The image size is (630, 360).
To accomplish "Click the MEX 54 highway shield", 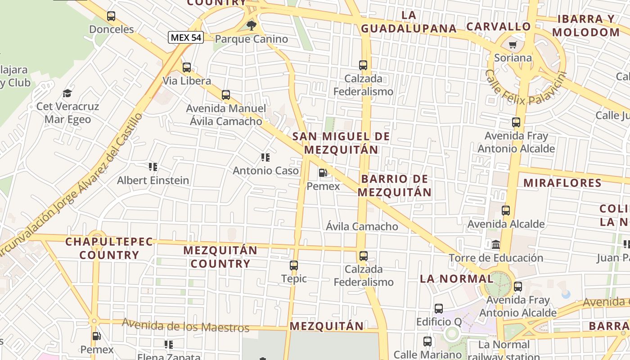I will pyautogui.click(x=186, y=37).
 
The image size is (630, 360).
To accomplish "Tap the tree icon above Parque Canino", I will pyautogui.click(x=252, y=25).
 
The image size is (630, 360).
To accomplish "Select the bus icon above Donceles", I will pyautogui.click(x=111, y=16).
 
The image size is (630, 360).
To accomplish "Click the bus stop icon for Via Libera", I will pyautogui.click(x=187, y=67).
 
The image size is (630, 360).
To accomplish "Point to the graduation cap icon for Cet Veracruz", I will pyautogui.click(x=67, y=93).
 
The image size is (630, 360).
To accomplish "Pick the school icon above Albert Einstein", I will pyautogui.click(x=153, y=167).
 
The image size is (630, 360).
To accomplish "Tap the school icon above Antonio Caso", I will pyautogui.click(x=265, y=157).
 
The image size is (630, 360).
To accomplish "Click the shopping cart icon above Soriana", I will pyautogui.click(x=513, y=45).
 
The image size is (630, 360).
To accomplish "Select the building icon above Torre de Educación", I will pyautogui.click(x=496, y=245).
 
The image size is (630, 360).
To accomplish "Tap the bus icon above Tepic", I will pyautogui.click(x=294, y=265).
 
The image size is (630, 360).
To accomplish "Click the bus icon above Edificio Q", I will pyautogui.click(x=439, y=309).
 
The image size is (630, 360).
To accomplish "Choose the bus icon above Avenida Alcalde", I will pyautogui.click(x=506, y=211).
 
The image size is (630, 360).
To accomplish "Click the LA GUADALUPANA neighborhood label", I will pyautogui.click(x=409, y=22).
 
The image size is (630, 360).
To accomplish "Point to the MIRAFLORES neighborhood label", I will pyautogui.click(x=562, y=183).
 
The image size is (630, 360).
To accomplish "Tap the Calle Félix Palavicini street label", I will pyautogui.click(x=525, y=87).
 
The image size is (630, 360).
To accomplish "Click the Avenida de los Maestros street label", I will pyautogui.click(x=185, y=325).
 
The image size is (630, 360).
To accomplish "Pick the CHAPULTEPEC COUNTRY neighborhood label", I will pyautogui.click(x=109, y=248).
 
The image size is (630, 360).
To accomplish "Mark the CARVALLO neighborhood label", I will pyautogui.click(x=499, y=27).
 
